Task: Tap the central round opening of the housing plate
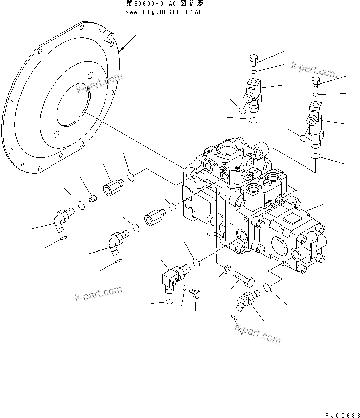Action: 73,104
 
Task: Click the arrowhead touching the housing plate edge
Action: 123,49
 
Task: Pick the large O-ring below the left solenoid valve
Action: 254,120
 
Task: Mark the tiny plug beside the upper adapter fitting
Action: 92,200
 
